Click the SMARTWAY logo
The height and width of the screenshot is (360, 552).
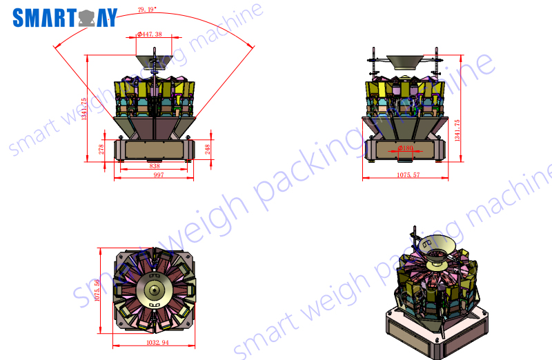pyautogui.click(x=65, y=18)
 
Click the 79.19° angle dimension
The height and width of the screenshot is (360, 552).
pyautogui.click(x=147, y=10)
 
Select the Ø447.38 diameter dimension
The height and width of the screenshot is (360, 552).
pyautogui.click(x=149, y=34)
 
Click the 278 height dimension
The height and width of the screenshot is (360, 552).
pyautogui.click(x=102, y=149)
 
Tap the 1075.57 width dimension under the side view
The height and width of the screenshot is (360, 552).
pyautogui.click(x=408, y=176)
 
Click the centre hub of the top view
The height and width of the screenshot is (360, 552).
pyautogui.click(x=152, y=290)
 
